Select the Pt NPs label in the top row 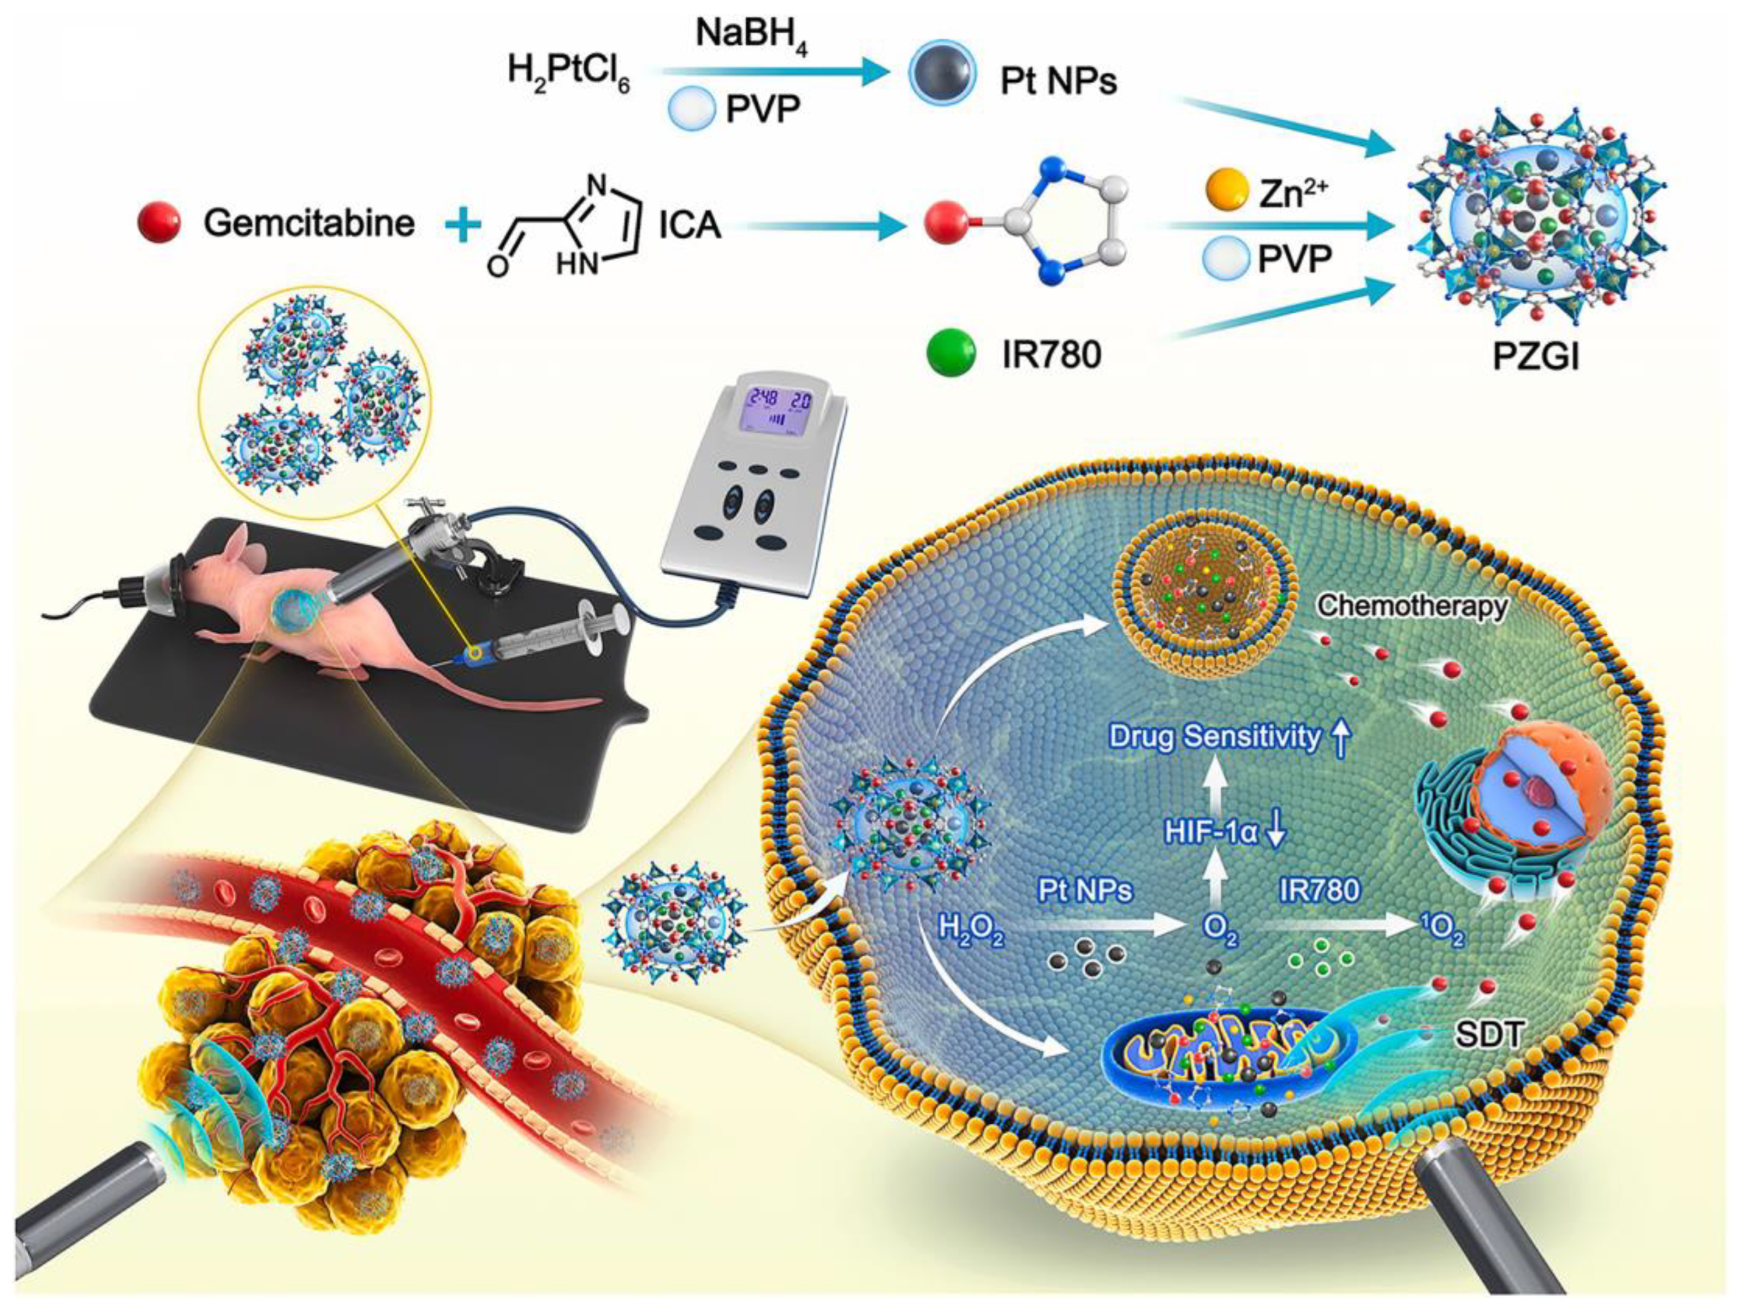click(1058, 81)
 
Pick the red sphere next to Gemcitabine click(159, 222)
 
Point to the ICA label click(690, 225)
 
